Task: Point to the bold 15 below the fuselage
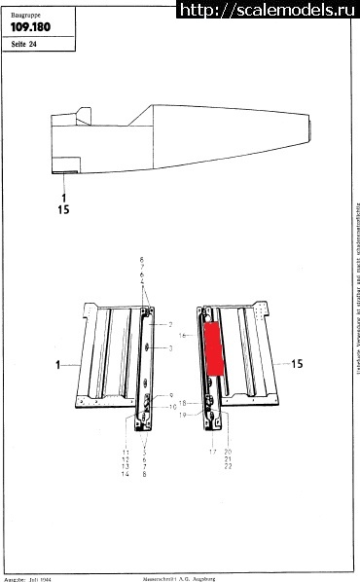click(x=66, y=209)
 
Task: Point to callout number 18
click(x=182, y=403)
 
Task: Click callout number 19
click(x=182, y=416)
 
